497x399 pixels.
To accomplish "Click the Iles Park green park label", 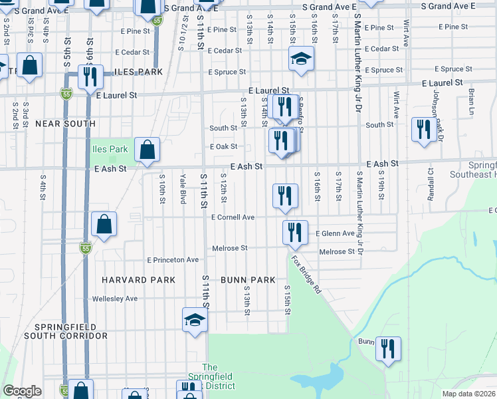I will point(110,149).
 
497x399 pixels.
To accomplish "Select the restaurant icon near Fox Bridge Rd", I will point(294,233).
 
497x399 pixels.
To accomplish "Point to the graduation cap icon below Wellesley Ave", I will point(195,320).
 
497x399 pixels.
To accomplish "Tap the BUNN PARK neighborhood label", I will point(248,280).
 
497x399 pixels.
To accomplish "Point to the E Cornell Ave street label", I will point(233,217).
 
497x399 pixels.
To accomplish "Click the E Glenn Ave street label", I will point(335,233).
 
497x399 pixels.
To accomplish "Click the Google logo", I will point(22,391).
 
